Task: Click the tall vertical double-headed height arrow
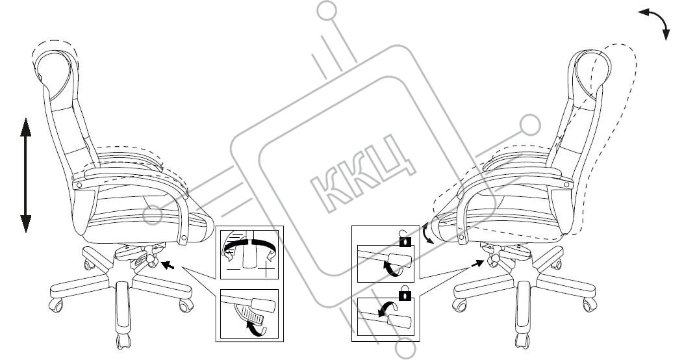tap(26, 175)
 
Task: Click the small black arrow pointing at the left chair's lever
tap(168, 264)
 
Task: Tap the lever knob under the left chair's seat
tap(151, 260)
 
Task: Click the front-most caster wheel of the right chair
tap(520, 341)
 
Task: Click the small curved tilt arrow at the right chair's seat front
tap(426, 232)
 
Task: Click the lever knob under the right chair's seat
tap(493, 259)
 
